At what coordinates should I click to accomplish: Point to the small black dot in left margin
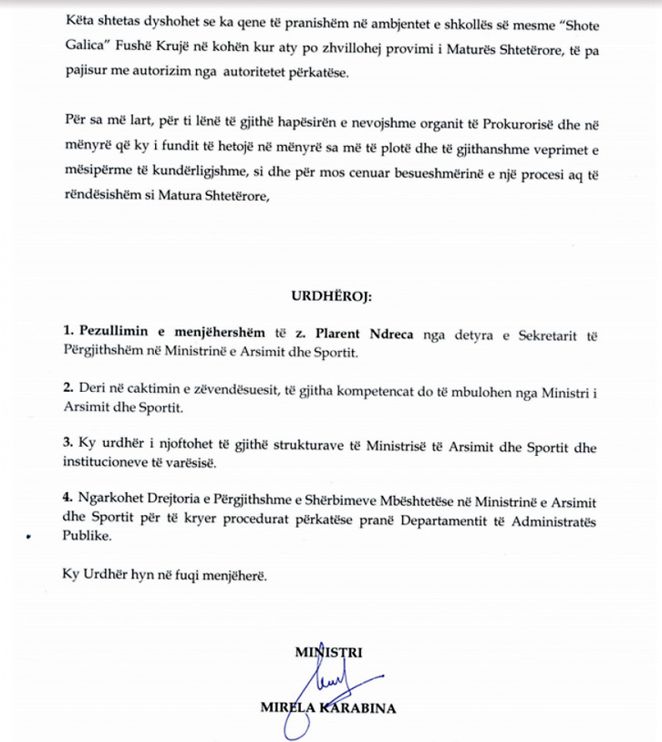(29, 539)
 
